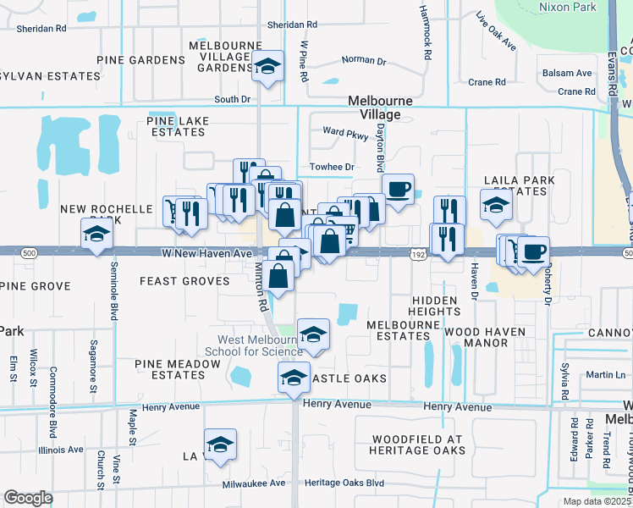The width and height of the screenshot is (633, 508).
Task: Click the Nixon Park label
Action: (567, 7)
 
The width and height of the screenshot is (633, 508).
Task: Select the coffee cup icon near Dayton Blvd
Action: (398, 187)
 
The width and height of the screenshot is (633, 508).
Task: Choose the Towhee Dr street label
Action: (331, 167)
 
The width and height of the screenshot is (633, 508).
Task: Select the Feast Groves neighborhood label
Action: (184, 281)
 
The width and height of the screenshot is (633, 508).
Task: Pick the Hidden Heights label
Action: (436, 306)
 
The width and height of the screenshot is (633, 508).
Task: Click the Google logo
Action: (27, 498)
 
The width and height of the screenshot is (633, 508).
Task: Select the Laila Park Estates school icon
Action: (496, 204)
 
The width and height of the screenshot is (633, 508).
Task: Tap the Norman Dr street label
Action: (363, 60)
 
